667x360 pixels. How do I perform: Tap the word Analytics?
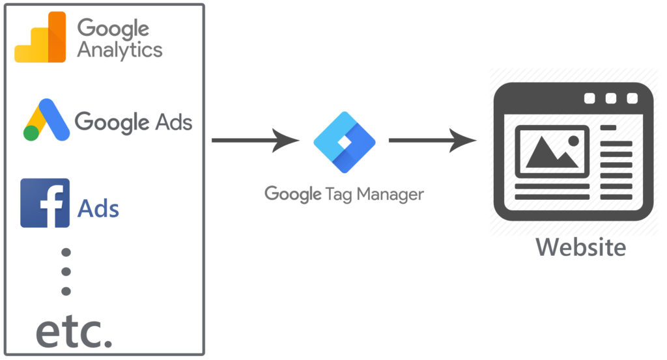click(120, 50)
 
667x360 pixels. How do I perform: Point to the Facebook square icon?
click(45, 202)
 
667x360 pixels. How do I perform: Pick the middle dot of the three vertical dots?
click(66, 271)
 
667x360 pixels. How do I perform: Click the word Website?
click(581, 247)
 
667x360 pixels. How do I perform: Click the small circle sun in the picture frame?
click(573, 140)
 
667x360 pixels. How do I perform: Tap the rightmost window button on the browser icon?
click(632, 98)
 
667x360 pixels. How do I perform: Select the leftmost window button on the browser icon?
click(589, 98)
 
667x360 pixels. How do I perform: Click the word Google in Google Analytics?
click(113, 28)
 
